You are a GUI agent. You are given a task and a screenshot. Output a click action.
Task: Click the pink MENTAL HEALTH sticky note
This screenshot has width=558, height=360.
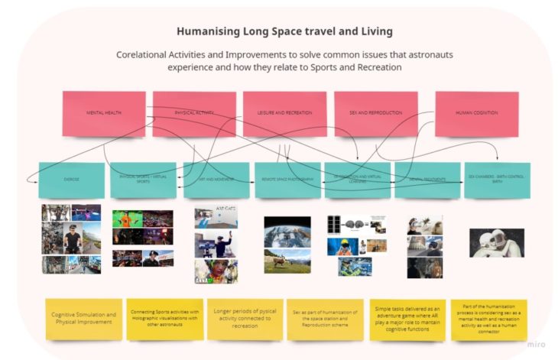tap(104, 113)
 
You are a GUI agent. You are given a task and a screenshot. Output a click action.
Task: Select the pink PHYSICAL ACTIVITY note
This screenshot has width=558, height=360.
tap(194, 113)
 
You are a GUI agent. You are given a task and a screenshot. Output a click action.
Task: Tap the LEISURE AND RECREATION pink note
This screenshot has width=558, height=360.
tap(284, 113)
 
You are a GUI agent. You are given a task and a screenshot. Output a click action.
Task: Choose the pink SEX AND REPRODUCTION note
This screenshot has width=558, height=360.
tap(375, 113)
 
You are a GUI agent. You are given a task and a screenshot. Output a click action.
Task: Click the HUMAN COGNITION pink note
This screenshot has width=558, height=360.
tap(476, 113)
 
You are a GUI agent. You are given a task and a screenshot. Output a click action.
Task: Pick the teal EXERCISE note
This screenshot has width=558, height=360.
tap(71, 180)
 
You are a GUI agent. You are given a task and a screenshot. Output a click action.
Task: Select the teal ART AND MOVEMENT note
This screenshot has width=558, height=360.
tap(216, 180)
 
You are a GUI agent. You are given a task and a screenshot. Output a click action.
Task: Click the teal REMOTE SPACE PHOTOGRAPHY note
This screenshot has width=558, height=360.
tap(287, 180)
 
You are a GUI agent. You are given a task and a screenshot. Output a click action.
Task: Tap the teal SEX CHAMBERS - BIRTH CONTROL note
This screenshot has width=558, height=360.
tap(497, 180)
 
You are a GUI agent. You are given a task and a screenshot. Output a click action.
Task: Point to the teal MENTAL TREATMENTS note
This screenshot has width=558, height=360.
tap(427, 180)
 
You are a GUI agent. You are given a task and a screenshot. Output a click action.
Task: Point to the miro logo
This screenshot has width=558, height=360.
tap(537, 344)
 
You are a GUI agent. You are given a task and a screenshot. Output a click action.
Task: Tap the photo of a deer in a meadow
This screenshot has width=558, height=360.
tap(287, 261)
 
